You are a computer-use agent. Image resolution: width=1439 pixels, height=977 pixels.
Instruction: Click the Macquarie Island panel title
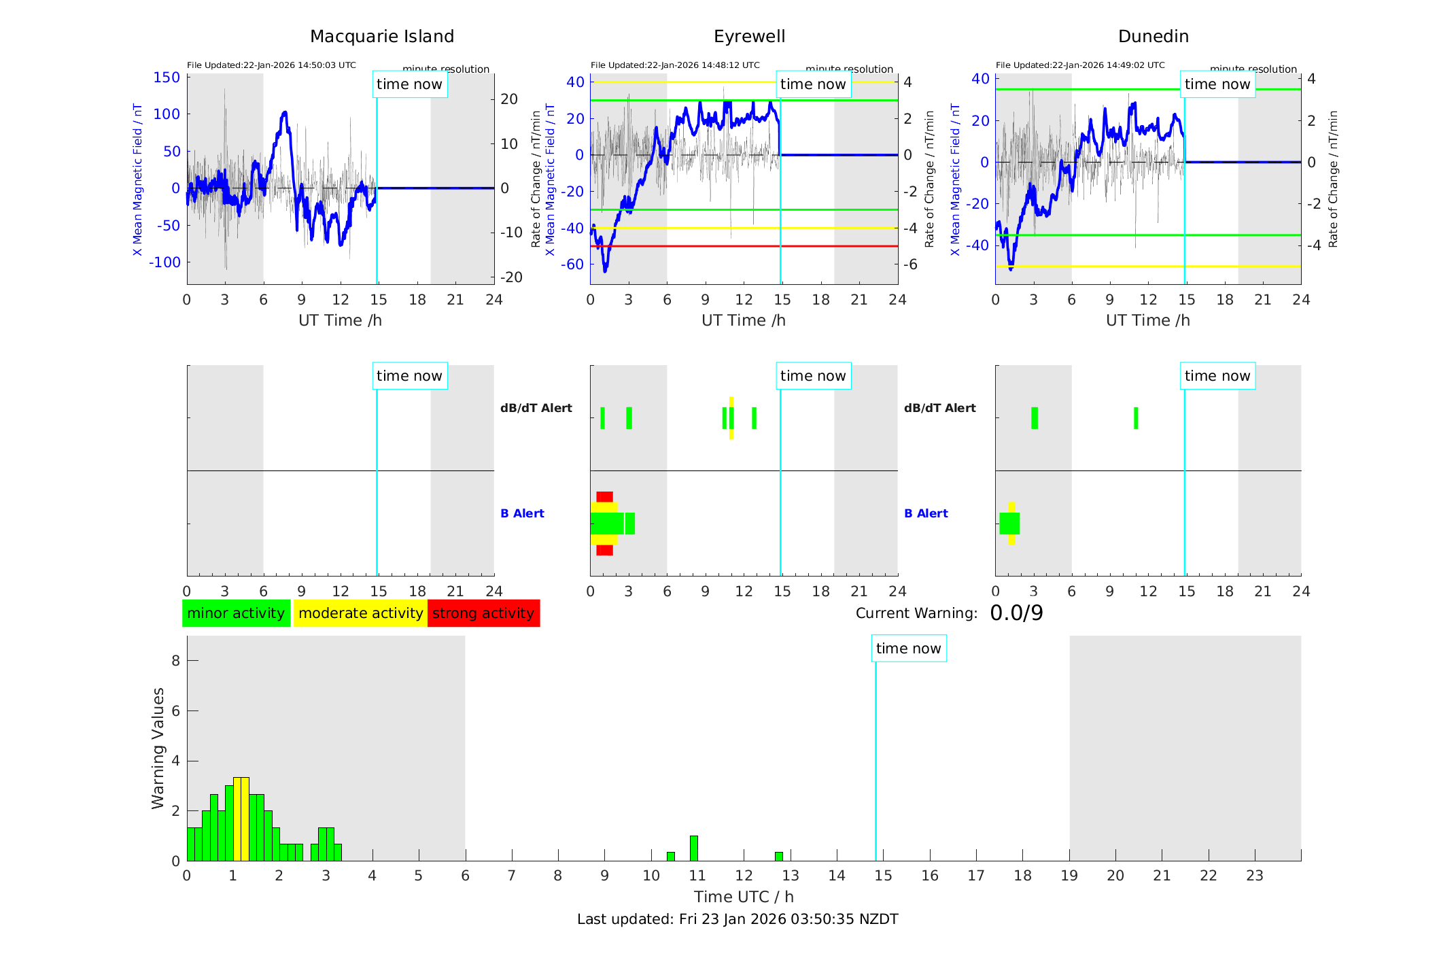[x=382, y=37]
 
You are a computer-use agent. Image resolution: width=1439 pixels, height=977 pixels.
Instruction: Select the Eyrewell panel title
[x=749, y=37]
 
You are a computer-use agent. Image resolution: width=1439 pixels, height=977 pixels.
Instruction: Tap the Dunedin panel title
[x=1153, y=37]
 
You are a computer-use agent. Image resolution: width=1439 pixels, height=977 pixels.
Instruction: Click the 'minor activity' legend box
[x=236, y=613]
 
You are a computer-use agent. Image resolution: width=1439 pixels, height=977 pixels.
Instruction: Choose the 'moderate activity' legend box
[x=360, y=613]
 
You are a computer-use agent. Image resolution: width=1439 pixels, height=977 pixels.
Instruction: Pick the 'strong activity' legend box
[x=483, y=613]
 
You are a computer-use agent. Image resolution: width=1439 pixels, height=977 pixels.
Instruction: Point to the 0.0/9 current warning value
[x=1016, y=613]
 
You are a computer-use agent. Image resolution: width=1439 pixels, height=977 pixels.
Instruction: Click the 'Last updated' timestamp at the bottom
[x=738, y=919]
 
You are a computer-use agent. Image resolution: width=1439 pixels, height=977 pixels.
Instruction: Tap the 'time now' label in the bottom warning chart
[x=908, y=649]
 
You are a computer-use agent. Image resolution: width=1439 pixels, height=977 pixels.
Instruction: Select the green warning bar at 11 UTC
[x=694, y=849]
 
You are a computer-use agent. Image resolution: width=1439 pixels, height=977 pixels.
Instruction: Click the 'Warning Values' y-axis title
[x=158, y=748]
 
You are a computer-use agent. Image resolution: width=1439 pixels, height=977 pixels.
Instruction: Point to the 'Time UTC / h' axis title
[x=744, y=897]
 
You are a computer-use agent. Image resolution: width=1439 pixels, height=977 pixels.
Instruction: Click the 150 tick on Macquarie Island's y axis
[x=167, y=78]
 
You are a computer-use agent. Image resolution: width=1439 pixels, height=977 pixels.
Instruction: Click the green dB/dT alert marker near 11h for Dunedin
[x=1136, y=418]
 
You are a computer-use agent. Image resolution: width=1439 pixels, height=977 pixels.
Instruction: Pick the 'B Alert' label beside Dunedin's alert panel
[x=926, y=513]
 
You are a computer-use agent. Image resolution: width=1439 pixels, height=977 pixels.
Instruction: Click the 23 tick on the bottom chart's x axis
[x=1255, y=876]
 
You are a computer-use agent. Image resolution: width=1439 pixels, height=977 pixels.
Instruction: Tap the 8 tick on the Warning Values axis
[x=175, y=661]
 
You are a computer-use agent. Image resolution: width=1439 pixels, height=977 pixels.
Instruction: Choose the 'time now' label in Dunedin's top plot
[x=1217, y=84]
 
